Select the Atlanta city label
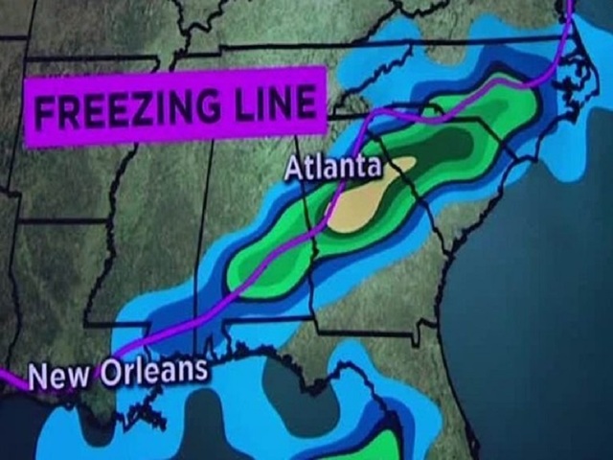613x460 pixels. [x=332, y=167]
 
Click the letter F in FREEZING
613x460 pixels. [x=44, y=114]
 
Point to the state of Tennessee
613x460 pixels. [x=259, y=144]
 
